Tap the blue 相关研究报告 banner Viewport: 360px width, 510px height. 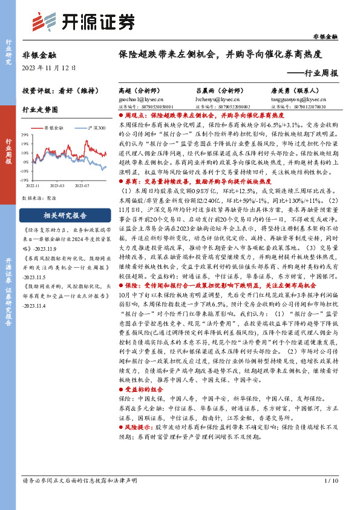[x=65, y=214]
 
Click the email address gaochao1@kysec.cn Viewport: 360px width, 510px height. [x=140, y=96]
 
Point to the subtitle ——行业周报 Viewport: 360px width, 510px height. [x=312, y=73]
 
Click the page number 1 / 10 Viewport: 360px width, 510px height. [x=332, y=497]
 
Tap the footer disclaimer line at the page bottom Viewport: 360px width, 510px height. [x=82, y=497]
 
